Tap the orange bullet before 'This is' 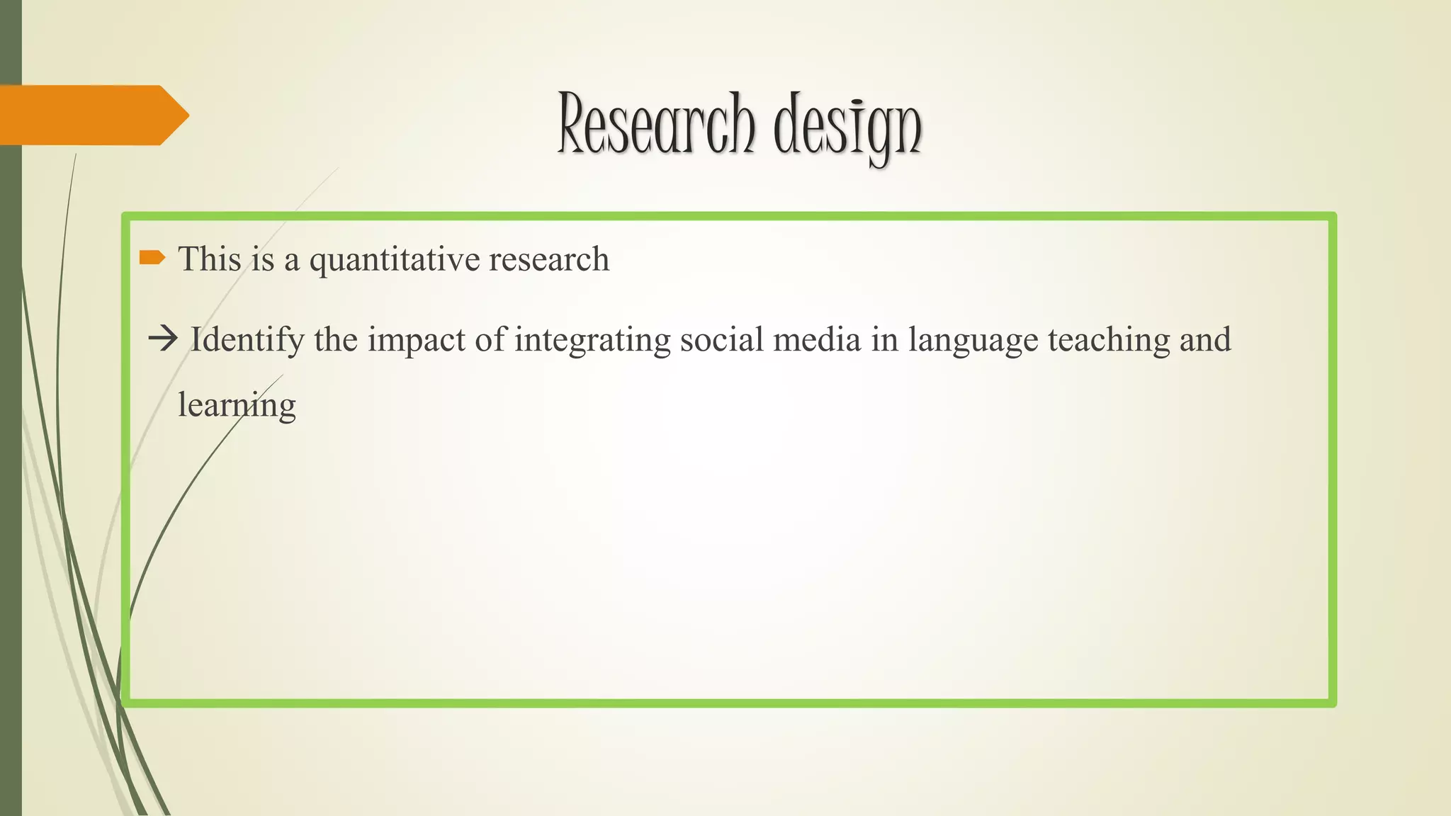pos(152,257)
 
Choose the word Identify pos(247,340)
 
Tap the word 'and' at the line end pos(1204,339)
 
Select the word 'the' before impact pos(336,339)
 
